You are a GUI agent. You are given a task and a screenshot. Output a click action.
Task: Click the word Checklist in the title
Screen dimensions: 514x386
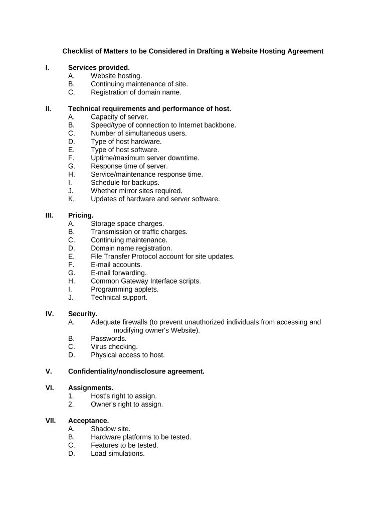tap(78, 51)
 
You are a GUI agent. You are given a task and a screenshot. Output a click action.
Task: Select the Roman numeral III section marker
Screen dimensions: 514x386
tap(49, 215)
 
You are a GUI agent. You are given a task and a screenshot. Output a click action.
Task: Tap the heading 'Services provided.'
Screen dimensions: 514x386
tap(99, 67)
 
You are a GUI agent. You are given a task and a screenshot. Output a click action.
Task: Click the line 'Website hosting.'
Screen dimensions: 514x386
tap(116, 76)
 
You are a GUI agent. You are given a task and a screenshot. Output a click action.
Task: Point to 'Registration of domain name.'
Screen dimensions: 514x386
tap(136, 92)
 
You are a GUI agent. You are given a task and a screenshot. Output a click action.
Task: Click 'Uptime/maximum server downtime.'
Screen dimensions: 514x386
tap(145, 158)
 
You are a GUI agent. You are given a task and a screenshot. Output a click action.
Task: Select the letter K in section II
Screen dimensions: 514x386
tap(71, 199)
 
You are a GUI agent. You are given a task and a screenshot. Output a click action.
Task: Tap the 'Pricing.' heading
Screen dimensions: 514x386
tap(81, 215)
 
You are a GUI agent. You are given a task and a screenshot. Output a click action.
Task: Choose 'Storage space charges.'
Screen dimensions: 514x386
tap(127, 224)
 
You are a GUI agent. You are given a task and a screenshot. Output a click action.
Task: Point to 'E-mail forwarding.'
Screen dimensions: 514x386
tap(119, 273)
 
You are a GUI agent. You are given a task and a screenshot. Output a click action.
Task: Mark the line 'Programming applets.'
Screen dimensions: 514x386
tap(124, 289)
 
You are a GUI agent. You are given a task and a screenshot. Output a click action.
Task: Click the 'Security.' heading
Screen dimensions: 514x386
tap(83, 314)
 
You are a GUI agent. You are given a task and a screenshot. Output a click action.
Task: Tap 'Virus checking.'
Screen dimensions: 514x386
tap(114, 347)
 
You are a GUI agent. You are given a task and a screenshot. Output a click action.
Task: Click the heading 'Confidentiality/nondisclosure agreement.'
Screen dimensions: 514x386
tap(136, 371)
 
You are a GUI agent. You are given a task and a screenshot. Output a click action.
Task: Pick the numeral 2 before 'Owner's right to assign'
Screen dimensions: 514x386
tap(71, 404)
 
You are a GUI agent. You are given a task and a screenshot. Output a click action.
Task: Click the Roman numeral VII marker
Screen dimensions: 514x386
tap(51, 421)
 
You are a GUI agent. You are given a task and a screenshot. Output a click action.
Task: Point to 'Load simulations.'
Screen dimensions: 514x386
tap(118, 453)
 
